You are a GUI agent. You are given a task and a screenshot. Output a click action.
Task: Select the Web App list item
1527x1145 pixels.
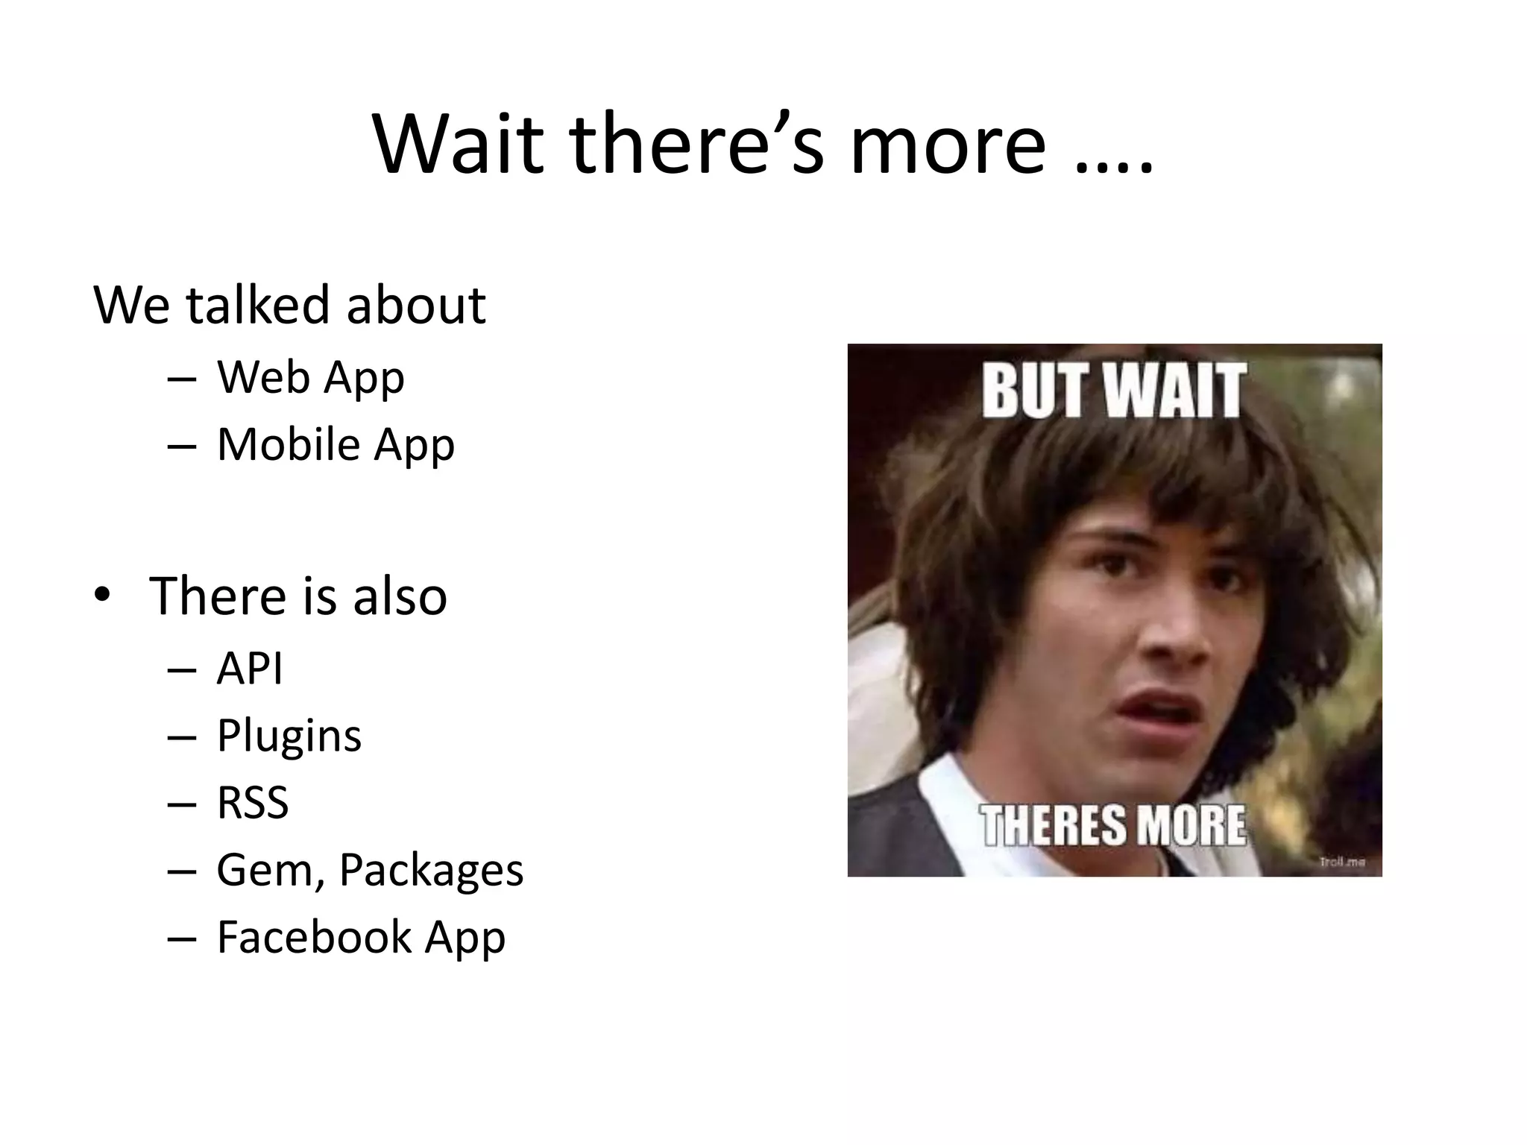[310, 377]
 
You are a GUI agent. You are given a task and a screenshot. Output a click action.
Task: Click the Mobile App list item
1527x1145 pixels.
[336, 444]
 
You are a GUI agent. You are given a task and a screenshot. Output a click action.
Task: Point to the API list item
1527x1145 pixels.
[250, 668]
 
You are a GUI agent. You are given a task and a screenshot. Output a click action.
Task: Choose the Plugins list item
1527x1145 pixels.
[289, 736]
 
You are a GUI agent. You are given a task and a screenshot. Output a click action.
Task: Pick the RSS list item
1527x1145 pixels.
[253, 803]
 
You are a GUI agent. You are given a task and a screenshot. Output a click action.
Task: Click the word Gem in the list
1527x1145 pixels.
[267, 870]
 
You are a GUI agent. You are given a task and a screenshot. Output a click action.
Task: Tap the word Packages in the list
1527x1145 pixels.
[431, 870]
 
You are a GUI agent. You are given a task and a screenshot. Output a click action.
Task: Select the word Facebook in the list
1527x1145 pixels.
[314, 937]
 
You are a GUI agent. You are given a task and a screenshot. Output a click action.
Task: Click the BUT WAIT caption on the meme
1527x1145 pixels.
[1113, 391]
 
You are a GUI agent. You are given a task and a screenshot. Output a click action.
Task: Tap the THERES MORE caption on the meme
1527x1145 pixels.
[1113, 826]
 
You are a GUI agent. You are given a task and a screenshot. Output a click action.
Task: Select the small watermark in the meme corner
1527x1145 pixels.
[1342, 862]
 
